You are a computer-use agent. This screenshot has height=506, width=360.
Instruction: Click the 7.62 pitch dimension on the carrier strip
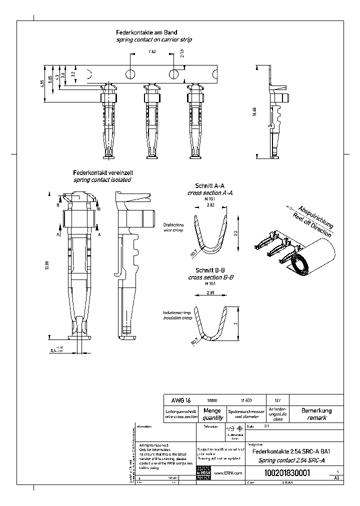click(x=151, y=51)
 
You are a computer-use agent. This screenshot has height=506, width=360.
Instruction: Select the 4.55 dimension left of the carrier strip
click(x=43, y=83)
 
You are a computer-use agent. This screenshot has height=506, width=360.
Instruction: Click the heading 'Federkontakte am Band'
click(x=146, y=32)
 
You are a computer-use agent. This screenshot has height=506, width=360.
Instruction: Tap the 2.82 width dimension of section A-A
click(x=210, y=205)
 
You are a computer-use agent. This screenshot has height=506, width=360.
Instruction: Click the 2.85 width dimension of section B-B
click(x=210, y=294)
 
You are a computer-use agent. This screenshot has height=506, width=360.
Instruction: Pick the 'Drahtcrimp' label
click(x=173, y=225)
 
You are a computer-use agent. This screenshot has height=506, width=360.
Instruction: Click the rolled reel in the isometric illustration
click(x=305, y=260)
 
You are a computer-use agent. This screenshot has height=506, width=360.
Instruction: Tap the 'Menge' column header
click(x=212, y=411)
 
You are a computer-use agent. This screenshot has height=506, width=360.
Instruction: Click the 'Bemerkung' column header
click(x=316, y=411)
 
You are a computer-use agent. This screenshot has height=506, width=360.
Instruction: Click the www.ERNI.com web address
click(x=228, y=473)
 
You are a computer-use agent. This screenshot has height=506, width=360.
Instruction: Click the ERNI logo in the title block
click(x=203, y=472)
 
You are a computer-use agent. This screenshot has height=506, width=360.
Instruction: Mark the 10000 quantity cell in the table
click(x=212, y=400)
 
